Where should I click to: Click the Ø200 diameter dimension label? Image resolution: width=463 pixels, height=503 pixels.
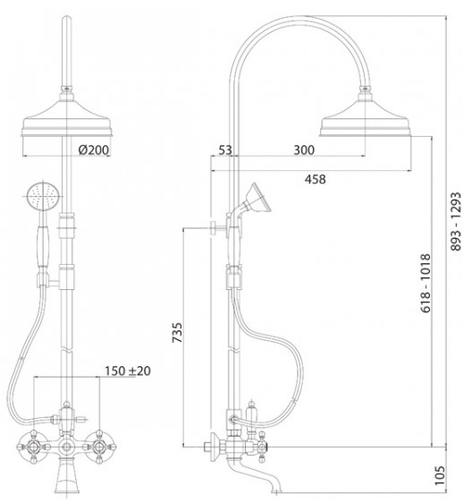point(94,149)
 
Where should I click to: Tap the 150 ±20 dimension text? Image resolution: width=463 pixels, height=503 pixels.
point(128,371)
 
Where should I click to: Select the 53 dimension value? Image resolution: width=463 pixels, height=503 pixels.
point(225,149)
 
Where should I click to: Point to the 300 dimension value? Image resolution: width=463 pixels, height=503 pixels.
point(304,149)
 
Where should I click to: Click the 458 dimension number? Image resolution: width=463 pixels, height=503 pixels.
point(315,179)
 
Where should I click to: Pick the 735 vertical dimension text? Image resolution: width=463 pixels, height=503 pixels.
point(177,332)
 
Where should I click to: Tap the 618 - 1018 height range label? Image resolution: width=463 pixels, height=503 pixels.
point(425,283)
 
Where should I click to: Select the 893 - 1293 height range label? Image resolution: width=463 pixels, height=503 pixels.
point(456,221)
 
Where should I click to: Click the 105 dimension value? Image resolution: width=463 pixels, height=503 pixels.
point(441,476)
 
